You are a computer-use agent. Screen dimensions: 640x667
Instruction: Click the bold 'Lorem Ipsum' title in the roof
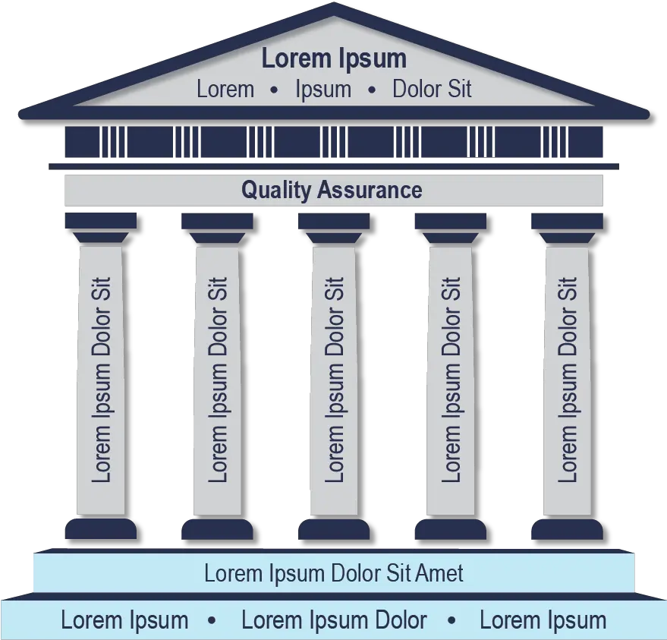(x=334, y=58)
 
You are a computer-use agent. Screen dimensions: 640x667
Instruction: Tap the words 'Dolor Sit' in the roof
(x=432, y=90)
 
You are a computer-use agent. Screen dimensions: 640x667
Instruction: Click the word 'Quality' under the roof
(x=276, y=190)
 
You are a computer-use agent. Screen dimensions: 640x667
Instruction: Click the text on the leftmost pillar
(x=101, y=380)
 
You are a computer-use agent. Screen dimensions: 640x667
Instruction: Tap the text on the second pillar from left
(x=218, y=380)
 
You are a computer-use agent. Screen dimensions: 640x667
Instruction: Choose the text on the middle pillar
(x=334, y=380)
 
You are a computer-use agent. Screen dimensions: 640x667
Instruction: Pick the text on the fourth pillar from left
(x=451, y=380)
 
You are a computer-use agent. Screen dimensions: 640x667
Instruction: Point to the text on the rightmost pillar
(x=567, y=380)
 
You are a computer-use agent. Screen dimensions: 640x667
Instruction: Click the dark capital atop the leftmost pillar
(x=101, y=222)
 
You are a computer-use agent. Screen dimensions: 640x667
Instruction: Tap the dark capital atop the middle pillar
(x=334, y=222)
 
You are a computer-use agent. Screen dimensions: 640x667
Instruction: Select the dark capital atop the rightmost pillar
(x=567, y=222)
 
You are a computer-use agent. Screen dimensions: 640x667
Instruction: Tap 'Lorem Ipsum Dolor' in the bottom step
(x=334, y=620)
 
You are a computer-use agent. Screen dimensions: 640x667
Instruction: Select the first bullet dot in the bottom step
(x=212, y=621)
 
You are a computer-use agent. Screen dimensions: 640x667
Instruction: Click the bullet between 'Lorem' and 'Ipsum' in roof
(x=274, y=90)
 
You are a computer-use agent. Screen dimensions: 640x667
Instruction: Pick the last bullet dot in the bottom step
(x=452, y=621)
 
